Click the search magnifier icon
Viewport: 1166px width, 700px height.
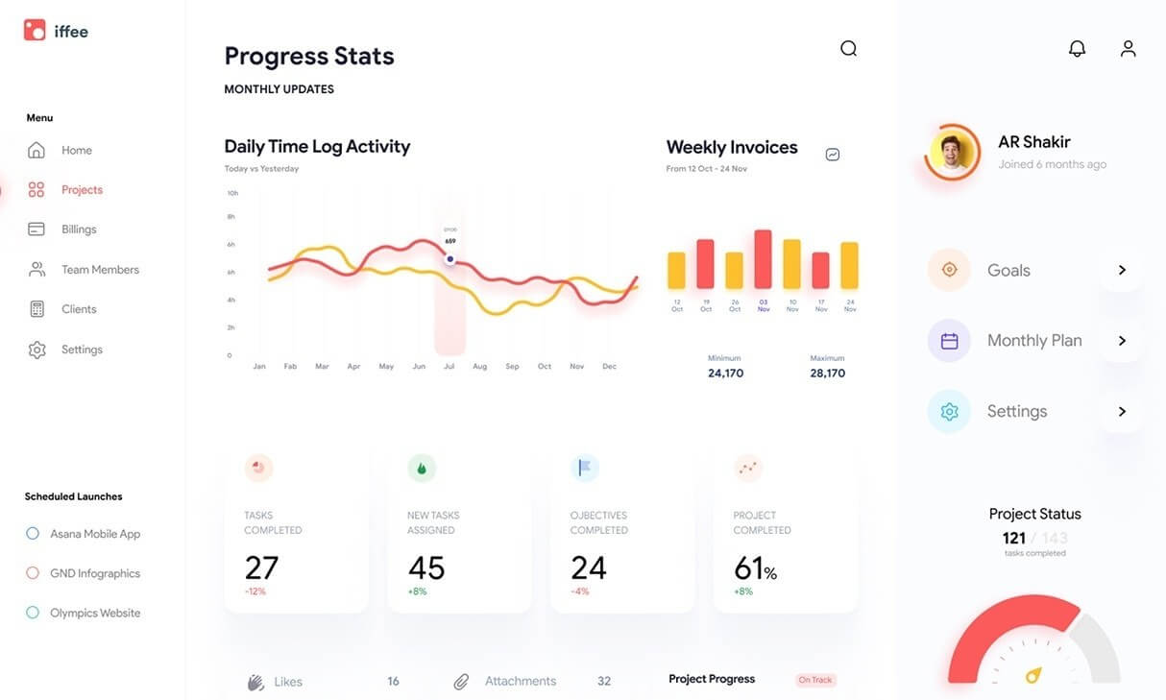click(x=848, y=49)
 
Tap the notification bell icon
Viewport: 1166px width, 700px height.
click(x=1077, y=49)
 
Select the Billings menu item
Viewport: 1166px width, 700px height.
click(x=79, y=229)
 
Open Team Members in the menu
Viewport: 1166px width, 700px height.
click(x=100, y=270)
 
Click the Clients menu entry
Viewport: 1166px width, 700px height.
click(x=79, y=309)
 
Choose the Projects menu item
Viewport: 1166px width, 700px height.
click(x=82, y=190)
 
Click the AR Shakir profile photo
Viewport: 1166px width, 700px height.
click(x=953, y=152)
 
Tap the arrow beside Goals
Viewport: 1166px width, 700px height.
click(x=1121, y=271)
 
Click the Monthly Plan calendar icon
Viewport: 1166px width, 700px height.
click(x=949, y=341)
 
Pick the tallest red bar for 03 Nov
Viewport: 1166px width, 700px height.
click(x=764, y=259)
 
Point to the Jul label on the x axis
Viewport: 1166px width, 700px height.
click(x=449, y=367)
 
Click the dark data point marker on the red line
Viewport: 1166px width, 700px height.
click(x=449, y=259)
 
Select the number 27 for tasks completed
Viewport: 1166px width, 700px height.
click(x=261, y=567)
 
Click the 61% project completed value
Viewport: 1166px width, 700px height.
click(x=755, y=568)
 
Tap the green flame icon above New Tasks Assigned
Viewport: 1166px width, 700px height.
click(x=422, y=469)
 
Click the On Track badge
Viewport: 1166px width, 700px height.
click(x=815, y=680)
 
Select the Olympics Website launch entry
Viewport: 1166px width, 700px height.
click(x=94, y=613)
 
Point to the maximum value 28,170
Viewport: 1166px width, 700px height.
click(x=827, y=374)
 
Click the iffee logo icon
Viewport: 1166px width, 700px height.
click(x=35, y=31)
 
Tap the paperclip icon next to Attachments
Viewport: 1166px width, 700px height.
click(x=461, y=682)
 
